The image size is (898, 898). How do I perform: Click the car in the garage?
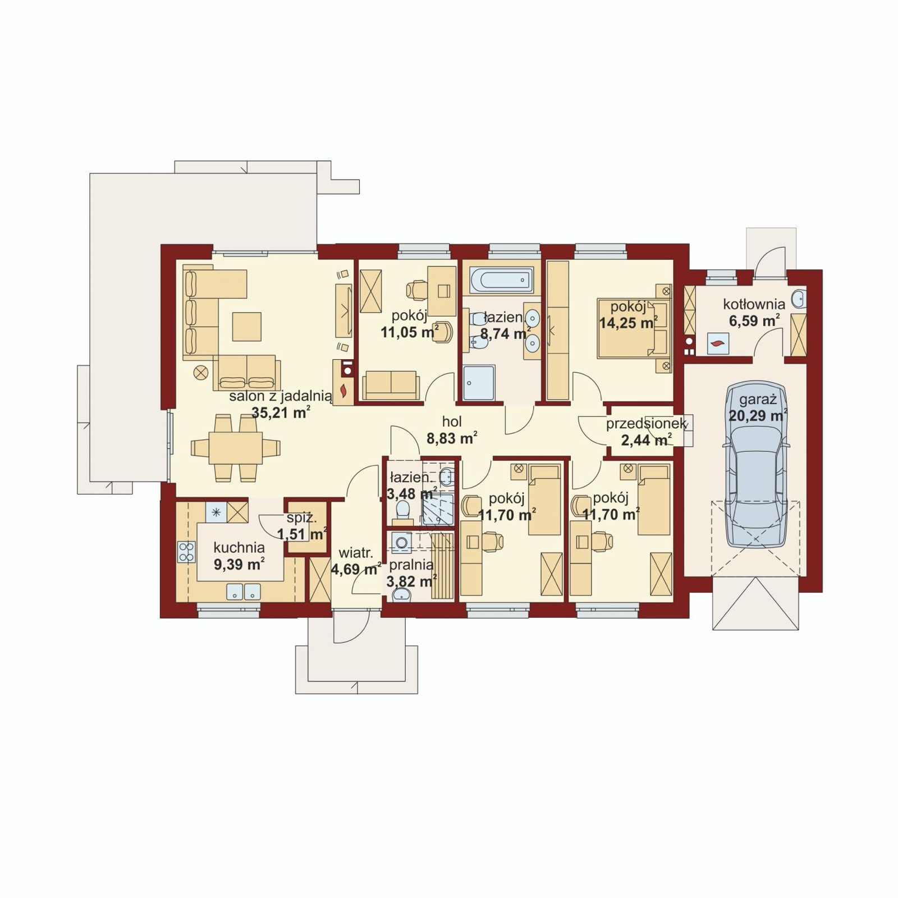tap(756, 465)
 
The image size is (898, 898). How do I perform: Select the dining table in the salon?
tap(236, 447)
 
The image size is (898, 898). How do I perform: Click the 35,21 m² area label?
tap(281, 413)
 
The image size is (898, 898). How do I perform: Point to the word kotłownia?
tap(754, 304)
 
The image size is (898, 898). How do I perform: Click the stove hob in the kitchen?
tap(186, 551)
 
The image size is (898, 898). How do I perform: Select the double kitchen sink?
tap(244, 591)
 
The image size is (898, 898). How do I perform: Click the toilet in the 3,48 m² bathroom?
tap(402, 510)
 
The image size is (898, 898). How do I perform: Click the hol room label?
tap(452, 421)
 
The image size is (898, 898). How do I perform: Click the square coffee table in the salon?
tap(247, 326)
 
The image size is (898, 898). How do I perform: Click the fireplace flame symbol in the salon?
tap(343, 390)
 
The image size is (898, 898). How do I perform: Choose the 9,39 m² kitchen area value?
tap(240, 564)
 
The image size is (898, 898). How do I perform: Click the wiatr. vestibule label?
tap(352, 552)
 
